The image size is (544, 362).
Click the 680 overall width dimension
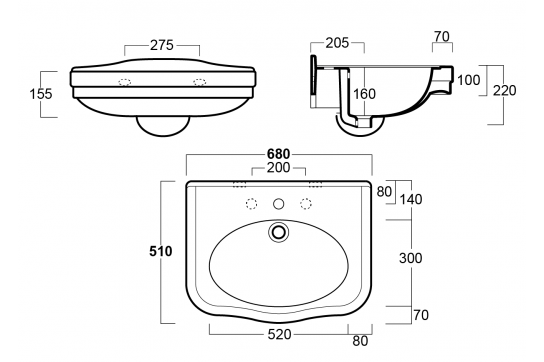pyautogui.click(x=279, y=153)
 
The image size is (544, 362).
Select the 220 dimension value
pyautogui.click(x=505, y=90)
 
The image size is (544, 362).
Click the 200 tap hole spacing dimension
pyautogui.click(x=279, y=167)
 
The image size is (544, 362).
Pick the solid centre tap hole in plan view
pyautogui.click(x=279, y=204)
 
